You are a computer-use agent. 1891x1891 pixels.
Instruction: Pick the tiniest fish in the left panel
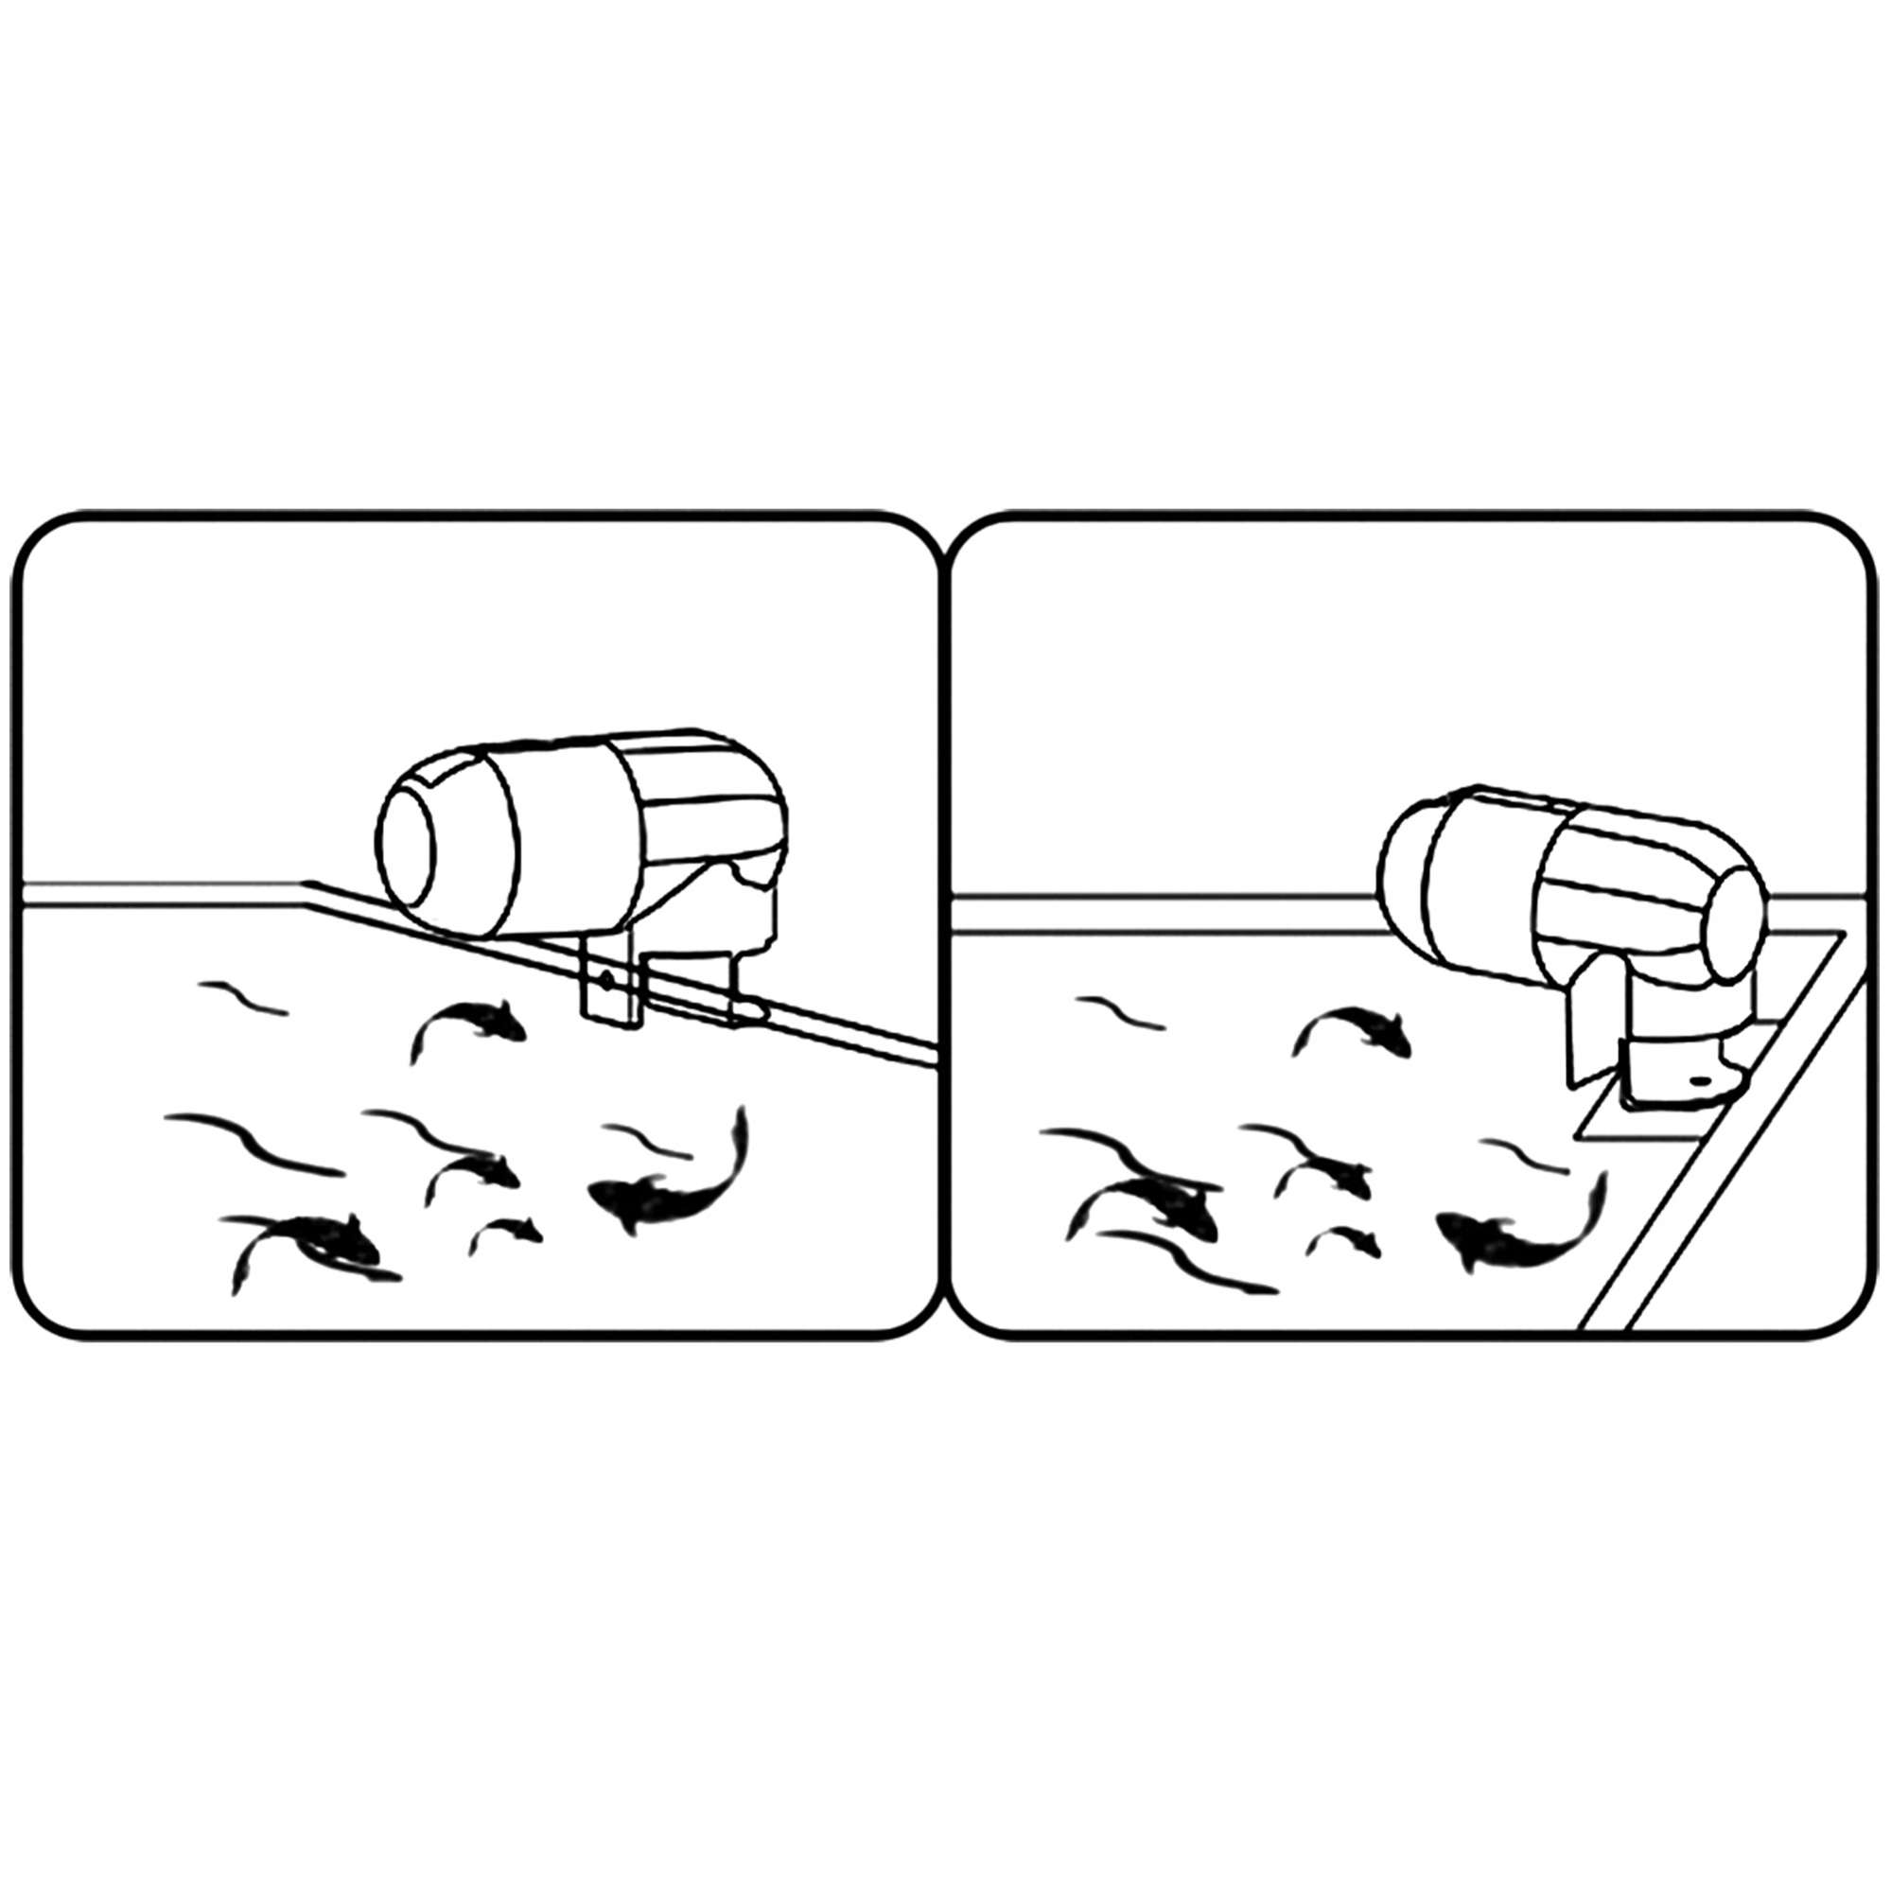pyautogui.click(x=507, y=1233)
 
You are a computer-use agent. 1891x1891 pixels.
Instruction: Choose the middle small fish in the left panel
pyautogui.click(x=475, y=1168)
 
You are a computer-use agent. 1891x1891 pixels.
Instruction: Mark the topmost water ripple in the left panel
pyautogui.click(x=243, y=997)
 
